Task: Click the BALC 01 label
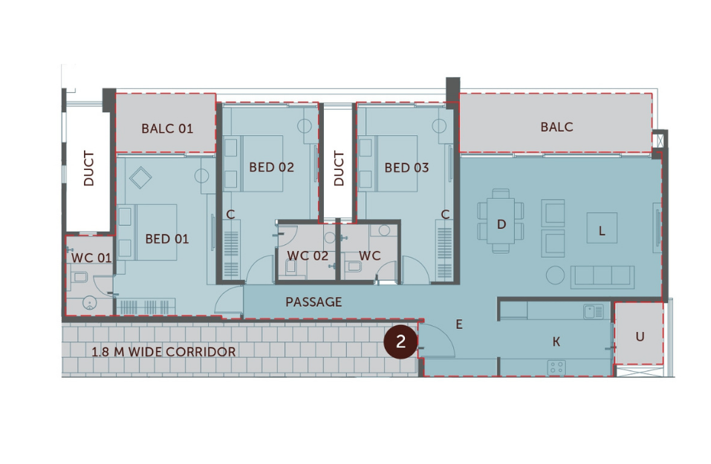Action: click(x=167, y=128)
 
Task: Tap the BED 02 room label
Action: click(x=272, y=167)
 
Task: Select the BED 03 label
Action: click(x=406, y=168)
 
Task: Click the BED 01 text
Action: click(x=167, y=239)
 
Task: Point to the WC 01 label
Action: click(x=91, y=258)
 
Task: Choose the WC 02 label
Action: click(x=308, y=255)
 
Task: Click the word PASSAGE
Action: click(x=314, y=301)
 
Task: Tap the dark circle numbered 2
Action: click(x=401, y=342)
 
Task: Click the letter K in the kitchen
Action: click(x=556, y=342)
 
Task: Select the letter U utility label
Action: click(x=640, y=336)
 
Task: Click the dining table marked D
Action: click(x=501, y=221)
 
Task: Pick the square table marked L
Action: click(x=602, y=228)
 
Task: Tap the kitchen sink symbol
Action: click(x=593, y=312)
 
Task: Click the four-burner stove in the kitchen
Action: click(x=556, y=367)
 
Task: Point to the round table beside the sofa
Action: click(x=555, y=275)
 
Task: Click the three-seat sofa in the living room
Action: click(x=603, y=277)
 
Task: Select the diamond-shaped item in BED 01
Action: click(x=140, y=177)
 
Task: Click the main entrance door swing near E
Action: click(x=436, y=341)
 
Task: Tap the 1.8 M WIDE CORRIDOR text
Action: click(x=163, y=352)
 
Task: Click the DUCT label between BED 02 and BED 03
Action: click(x=339, y=169)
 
